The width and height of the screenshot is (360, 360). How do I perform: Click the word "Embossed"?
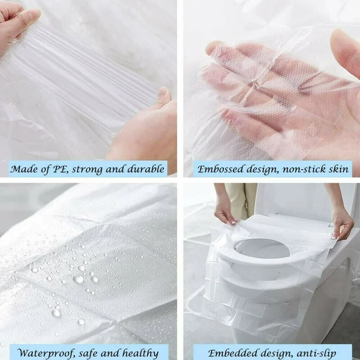[223, 169]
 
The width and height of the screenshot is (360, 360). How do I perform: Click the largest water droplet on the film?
[78, 279]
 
